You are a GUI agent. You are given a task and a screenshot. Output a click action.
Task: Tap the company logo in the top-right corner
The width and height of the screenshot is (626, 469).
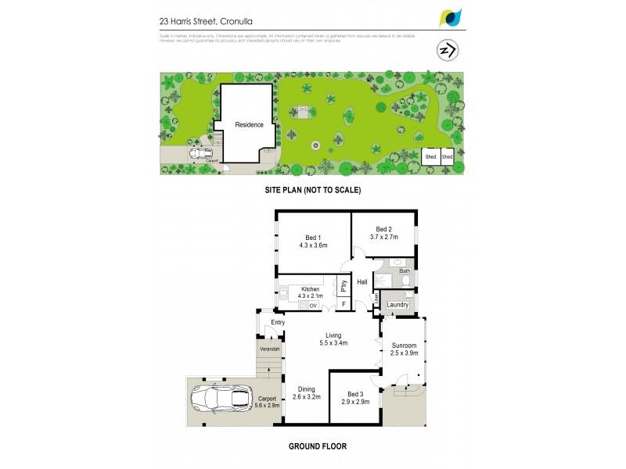tap(452, 16)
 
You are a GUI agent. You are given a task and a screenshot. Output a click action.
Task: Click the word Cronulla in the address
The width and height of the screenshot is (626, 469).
tap(239, 23)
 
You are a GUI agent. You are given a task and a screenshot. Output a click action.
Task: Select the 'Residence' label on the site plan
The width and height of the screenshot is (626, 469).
tap(250, 124)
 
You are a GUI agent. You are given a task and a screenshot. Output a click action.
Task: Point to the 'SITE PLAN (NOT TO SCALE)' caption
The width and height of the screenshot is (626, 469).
tap(311, 190)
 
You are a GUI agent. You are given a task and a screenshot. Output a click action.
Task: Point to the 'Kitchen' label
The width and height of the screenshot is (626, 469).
tap(310, 288)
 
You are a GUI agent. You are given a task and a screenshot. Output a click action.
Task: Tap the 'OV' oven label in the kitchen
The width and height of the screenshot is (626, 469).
tap(312, 306)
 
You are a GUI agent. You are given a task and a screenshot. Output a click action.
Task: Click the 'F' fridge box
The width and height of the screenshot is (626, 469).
tap(343, 303)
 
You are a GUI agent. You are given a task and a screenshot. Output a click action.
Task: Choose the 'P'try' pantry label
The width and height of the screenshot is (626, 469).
tap(344, 286)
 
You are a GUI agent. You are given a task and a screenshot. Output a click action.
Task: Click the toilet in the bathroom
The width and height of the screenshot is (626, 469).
tap(397, 263)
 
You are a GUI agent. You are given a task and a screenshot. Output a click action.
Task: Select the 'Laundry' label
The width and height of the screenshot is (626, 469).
tap(398, 304)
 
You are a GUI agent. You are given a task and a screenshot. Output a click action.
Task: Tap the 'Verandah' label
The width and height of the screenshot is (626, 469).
tap(269, 349)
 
